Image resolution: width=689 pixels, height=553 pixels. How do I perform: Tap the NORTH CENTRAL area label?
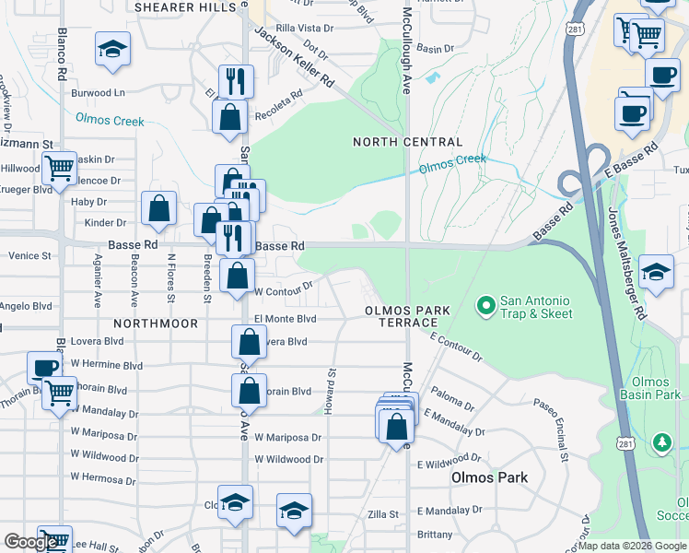408,142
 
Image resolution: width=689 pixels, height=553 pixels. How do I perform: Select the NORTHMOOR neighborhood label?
156,324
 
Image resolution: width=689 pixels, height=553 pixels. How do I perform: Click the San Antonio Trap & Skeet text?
535,307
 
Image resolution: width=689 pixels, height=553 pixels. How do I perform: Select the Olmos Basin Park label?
656,388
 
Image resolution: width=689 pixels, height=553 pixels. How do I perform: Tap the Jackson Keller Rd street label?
294,56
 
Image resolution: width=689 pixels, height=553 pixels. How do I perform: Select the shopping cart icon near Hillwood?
59,169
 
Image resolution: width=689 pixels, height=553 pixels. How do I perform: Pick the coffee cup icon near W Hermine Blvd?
43,368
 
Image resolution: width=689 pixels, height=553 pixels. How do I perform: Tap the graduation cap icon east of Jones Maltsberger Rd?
655,272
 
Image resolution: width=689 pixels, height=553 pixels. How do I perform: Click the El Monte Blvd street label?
285,319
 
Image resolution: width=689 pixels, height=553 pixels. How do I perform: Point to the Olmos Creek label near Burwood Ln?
111,119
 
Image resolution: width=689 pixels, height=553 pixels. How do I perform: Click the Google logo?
31,542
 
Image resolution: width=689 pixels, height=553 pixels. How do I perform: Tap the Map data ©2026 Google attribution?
632,546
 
